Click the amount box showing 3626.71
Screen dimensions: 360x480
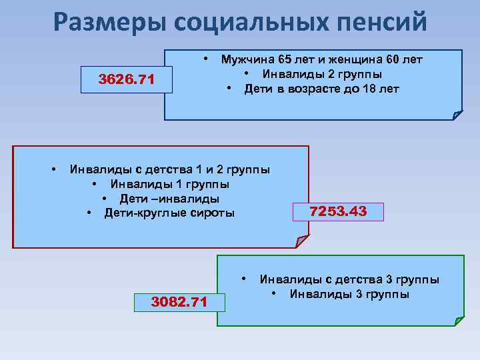pyautogui.click(x=127, y=81)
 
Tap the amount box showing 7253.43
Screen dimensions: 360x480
pyautogui.click(x=338, y=212)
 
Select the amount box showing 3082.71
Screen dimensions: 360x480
pyautogui.click(x=179, y=302)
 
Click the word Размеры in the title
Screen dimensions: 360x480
pyautogui.click(x=109, y=23)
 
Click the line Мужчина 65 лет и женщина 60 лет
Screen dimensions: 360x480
pyautogui.click(x=322, y=59)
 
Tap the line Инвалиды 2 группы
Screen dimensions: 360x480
pyautogui.click(x=322, y=73)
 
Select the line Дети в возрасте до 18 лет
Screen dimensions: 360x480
pyautogui.click(x=321, y=88)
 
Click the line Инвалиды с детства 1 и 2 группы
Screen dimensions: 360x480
pyautogui.click(x=170, y=169)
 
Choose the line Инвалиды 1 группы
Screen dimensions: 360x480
pyautogui.click(x=170, y=184)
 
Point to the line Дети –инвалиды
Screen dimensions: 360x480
pyautogui.click(x=169, y=199)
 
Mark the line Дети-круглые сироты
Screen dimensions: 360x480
pyautogui.click(x=169, y=213)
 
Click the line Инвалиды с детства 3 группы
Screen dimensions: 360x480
pyautogui.click(x=349, y=279)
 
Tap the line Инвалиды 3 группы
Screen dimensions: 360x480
pyautogui.click(x=349, y=294)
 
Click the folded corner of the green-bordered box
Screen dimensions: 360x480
pyautogui.click(x=458, y=320)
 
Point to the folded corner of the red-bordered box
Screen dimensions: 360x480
pyautogui.click(x=302, y=241)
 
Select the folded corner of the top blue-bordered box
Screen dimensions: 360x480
pyautogui.click(x=457, y=115)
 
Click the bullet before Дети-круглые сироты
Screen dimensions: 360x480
pyautogui.click(x=89, y=213)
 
